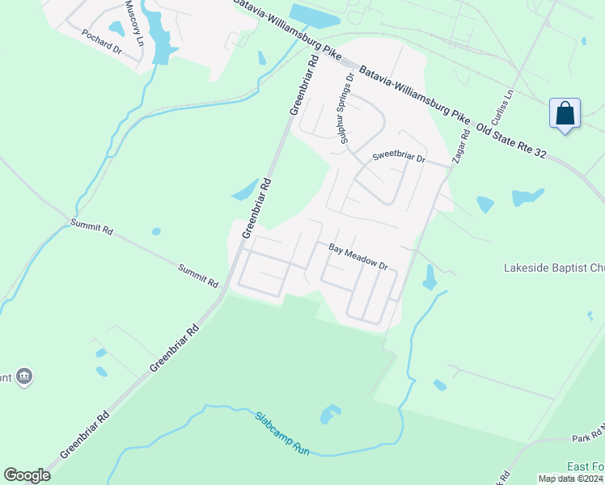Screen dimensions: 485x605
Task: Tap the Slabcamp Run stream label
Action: [283, 433]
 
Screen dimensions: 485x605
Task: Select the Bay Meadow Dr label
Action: [358, 257]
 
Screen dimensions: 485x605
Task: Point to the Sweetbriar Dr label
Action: [398, 158]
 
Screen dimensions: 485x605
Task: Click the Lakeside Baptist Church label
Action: [553, 268]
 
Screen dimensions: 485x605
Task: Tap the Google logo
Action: [27, 475]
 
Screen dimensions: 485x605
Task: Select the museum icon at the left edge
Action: [24, 376]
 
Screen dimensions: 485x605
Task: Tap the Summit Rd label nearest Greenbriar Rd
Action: [198, 276]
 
